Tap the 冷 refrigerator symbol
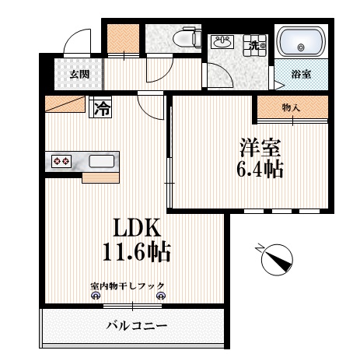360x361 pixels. (x=102, y=108)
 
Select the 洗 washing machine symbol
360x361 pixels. (x=254, y=45)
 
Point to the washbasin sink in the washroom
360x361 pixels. (x=224, y=42)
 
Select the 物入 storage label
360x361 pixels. (x=291, y=108)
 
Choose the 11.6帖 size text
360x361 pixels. (x=137, y=253)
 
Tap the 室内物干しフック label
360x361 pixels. (x=128, y=285)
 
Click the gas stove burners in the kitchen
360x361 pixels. (x=61, y=161)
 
